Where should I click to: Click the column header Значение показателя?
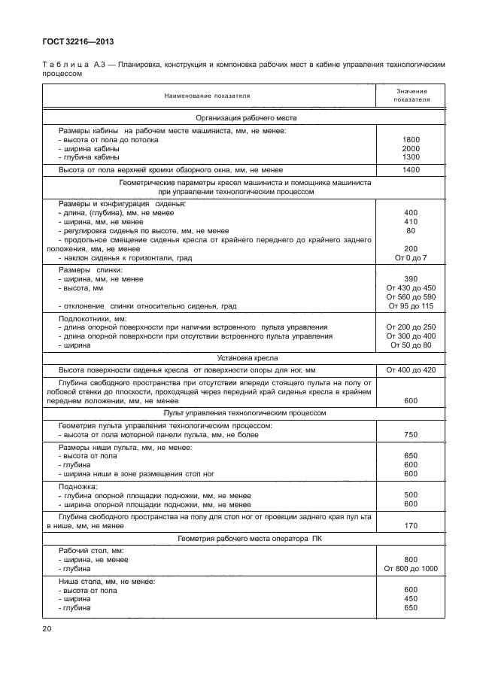tap(411, 95)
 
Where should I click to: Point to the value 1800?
tap(411, 139)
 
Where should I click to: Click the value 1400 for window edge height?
tap(411, 171)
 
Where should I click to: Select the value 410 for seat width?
tap(411, 222)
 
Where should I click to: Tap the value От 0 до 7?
tap(411, 258)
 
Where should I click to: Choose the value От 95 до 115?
tap(411, 306)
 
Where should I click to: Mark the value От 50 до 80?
tap(411, 345)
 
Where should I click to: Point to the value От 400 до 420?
tap(411, 371)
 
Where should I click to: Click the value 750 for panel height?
tap(411, 435)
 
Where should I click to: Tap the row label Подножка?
tap(78, 487)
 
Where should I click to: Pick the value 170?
tap(411, 525)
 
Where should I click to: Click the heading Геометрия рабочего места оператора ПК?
tap(247, 539)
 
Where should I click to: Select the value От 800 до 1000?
tap(411, 569)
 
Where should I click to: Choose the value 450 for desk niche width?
tap(411, 599)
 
